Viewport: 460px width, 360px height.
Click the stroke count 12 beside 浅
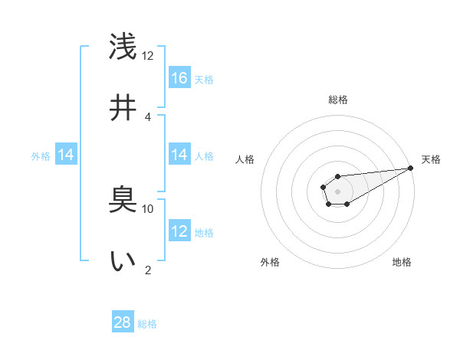148,56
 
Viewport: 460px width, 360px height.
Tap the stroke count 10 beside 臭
148,208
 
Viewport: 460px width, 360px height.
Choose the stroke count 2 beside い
148,269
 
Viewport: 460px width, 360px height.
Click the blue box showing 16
179,77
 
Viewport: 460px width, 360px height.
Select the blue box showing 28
123,322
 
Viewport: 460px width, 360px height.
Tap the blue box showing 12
179,231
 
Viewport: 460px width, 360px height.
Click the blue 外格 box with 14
66,155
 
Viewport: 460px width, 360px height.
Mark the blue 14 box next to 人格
179,155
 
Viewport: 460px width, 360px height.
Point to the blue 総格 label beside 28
147,324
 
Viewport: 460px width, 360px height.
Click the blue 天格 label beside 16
204,79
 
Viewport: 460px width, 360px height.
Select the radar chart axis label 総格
337,100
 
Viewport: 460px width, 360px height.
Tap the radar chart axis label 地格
402,263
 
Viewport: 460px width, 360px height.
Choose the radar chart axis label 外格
270,263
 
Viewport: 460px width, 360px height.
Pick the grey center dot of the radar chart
337,191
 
